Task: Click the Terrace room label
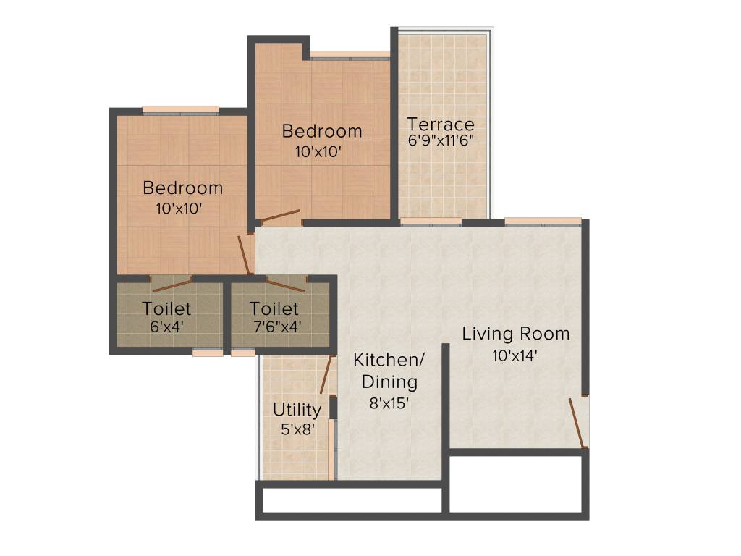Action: (x=440, y=123)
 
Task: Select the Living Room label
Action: (x=516, y=334)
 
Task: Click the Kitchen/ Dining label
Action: (x=389, y=371)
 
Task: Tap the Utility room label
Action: (x=297, y=410)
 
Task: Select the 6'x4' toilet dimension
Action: (x=166, y=326)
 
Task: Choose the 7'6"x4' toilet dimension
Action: (x=274, y=326)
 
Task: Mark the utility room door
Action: (x=326, y=374)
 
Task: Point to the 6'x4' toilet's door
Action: (x=172, y=285)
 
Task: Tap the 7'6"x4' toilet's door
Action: (x=285, y=285)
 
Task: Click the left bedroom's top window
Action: (x=180, y=110)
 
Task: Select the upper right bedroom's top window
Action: (x=350, y=54)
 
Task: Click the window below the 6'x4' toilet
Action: (x=208, y=353)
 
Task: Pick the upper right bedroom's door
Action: (x=280, y=216)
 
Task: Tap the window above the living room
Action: (x=543, y=221)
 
